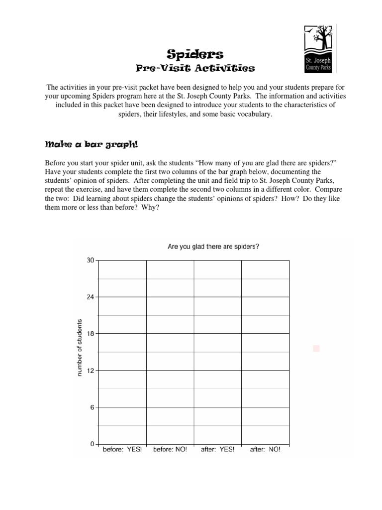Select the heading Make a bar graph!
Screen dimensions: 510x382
91,144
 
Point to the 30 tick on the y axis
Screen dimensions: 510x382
91,260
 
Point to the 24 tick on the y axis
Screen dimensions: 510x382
91,297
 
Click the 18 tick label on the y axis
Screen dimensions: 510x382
91,334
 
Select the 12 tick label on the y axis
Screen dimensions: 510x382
91,371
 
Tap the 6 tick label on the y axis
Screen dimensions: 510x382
92,407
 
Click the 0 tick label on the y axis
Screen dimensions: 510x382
92,444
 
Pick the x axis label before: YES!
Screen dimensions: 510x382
122,449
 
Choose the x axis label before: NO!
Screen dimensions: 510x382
170,449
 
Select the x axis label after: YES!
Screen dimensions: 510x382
217,449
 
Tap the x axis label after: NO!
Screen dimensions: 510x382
265,449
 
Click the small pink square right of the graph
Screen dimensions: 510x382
316,349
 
